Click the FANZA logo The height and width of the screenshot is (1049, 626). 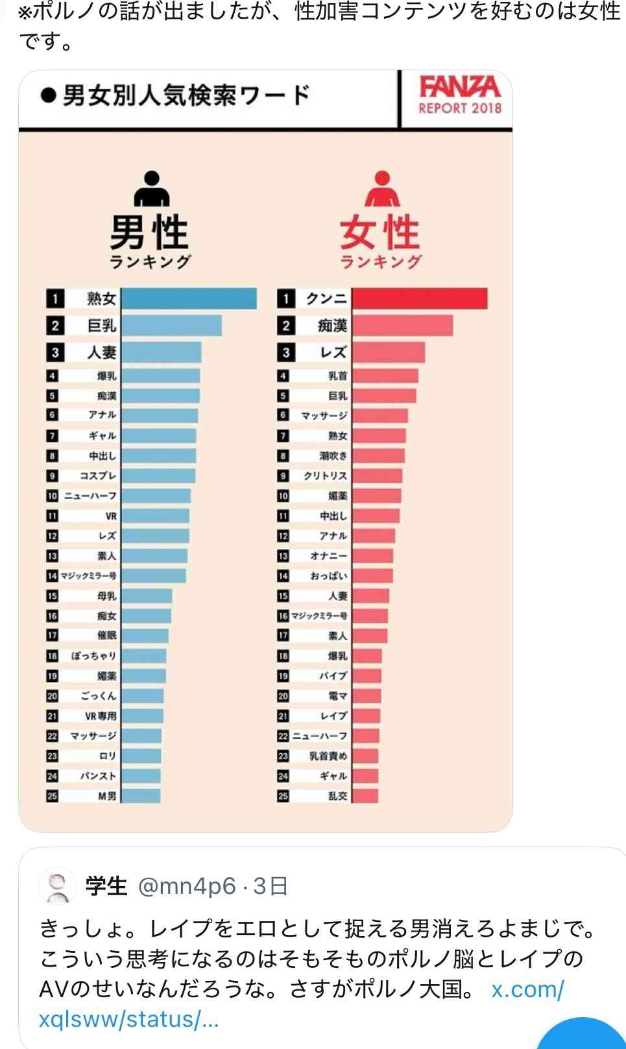click(459, 86)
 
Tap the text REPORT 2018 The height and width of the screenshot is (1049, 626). click(459, 108)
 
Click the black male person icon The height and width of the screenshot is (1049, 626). click(151, 188)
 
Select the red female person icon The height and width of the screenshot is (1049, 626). click(382, 188)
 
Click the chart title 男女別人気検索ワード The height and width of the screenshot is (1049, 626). click(186, 96)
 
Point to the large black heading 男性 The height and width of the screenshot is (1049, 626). click(149, 232)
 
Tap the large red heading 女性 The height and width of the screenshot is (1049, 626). click(380, 232)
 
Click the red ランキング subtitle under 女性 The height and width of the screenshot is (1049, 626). click(380, 261)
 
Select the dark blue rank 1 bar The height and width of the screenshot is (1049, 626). click(189, 298)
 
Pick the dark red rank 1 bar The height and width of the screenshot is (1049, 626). click(419, 298)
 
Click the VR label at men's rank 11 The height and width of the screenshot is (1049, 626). click(110, 516)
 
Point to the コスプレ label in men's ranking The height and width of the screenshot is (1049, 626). click(97, 476)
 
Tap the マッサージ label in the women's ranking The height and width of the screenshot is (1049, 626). click(324, 415)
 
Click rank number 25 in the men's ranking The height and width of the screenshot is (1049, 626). click(53, 795)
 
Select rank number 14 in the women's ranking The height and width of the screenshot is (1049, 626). click(283, 576)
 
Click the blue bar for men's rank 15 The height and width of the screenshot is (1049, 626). click(147, 596)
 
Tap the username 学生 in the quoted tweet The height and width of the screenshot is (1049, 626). click(106, 886)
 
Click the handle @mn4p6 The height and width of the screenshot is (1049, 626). click(187, 886)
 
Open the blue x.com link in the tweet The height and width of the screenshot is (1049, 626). click(527, 990)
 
